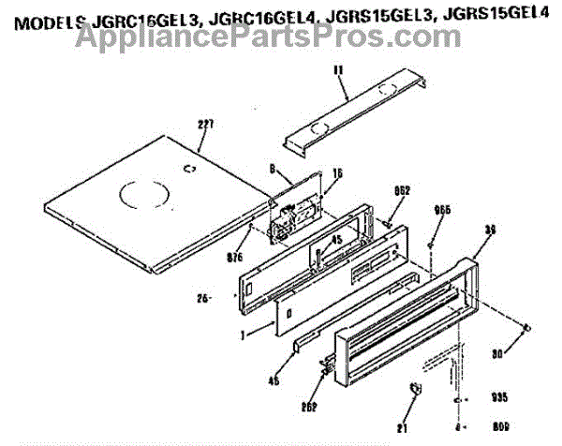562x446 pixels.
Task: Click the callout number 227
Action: (206, 124)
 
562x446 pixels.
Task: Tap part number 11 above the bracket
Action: (338, 70)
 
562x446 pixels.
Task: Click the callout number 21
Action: (403, 425)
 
